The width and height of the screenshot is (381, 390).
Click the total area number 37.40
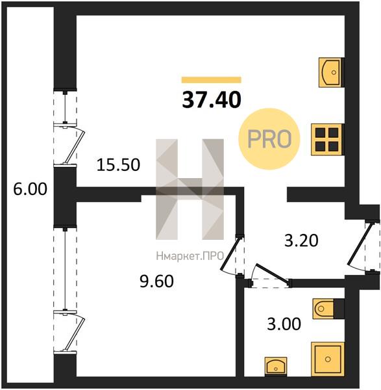tap(212, 99)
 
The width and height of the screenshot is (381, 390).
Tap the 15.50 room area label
tap(118, 164)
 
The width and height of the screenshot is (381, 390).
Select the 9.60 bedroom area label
tap(156, 281)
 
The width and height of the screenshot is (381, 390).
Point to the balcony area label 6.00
tap(30, 189)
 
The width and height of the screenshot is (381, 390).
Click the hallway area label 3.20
tap(301, 240)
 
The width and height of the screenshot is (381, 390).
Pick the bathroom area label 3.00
tap(284, 324)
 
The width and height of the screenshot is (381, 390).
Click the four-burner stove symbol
tap(327, 140)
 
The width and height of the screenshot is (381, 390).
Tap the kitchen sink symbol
tap(330, 72)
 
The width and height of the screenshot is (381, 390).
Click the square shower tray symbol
tap(328, 359)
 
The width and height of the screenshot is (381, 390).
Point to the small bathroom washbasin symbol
tap(276, 367)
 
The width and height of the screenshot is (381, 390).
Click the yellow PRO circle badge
tap(269, 139)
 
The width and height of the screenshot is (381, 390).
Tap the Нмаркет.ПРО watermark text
tap(190, 256)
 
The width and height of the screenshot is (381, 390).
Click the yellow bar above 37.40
tap(212, 79)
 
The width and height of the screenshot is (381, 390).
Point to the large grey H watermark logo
tap(190, 189)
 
